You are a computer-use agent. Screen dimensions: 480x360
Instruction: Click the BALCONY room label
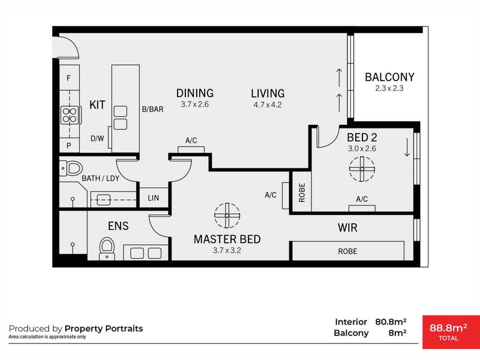coord(389,77)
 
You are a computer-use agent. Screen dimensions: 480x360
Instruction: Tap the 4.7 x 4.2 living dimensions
coord(268,104)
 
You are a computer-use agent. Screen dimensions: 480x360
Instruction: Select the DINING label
coord(195,93)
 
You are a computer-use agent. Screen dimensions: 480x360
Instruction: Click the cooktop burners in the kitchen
coord(70,115)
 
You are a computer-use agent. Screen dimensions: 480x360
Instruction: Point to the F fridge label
coord(68,78)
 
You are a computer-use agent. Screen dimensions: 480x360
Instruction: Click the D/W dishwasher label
coord(97,139)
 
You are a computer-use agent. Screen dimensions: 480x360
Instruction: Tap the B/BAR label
coord(152,109)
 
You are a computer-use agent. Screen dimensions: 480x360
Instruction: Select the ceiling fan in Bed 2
coord(362,169)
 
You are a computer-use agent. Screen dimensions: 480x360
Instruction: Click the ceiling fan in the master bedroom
coord(227,215)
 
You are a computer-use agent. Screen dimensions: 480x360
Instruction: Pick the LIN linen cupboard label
coord(154,198)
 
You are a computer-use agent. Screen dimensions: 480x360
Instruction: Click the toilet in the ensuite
coord(107,248)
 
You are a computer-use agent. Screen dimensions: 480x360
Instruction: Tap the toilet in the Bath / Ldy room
coord(71,168)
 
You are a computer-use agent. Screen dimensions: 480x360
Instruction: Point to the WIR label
coord(347,228)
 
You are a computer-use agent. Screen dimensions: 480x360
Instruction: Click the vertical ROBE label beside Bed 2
coord(302,193)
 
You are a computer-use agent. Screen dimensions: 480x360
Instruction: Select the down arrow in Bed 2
coord(407,147)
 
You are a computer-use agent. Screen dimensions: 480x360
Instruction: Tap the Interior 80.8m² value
coord(391,322)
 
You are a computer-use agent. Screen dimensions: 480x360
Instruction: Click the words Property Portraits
coord(104,328)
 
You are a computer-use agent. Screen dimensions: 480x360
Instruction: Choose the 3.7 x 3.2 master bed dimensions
coord(227,250)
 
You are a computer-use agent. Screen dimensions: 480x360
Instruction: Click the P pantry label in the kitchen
coord(68,146)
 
